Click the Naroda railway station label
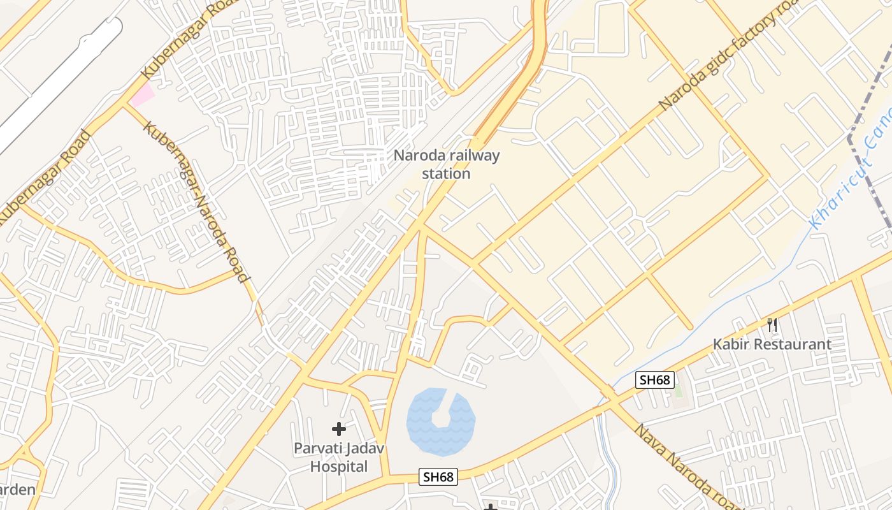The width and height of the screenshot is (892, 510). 446,164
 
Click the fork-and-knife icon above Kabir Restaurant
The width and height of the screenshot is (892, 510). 772,326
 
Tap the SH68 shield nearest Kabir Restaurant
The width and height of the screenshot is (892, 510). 655,381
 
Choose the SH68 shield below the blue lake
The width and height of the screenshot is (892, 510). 438,477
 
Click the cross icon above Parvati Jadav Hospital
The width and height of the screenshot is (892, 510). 338,429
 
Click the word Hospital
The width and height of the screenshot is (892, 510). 339,467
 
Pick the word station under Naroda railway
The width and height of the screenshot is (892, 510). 446,173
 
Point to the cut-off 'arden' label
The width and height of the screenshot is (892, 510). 17,490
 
